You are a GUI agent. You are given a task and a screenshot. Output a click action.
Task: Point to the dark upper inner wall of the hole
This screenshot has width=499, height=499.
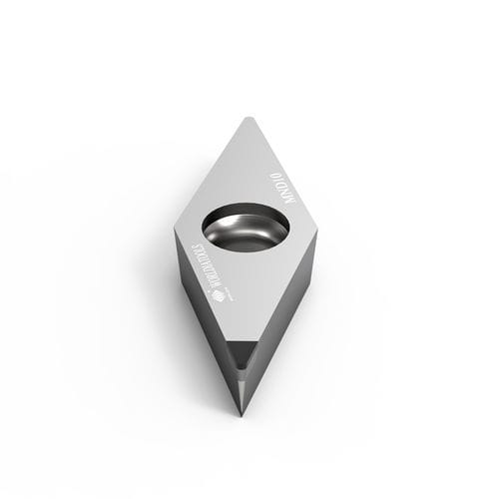click(x=246, y=213)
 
